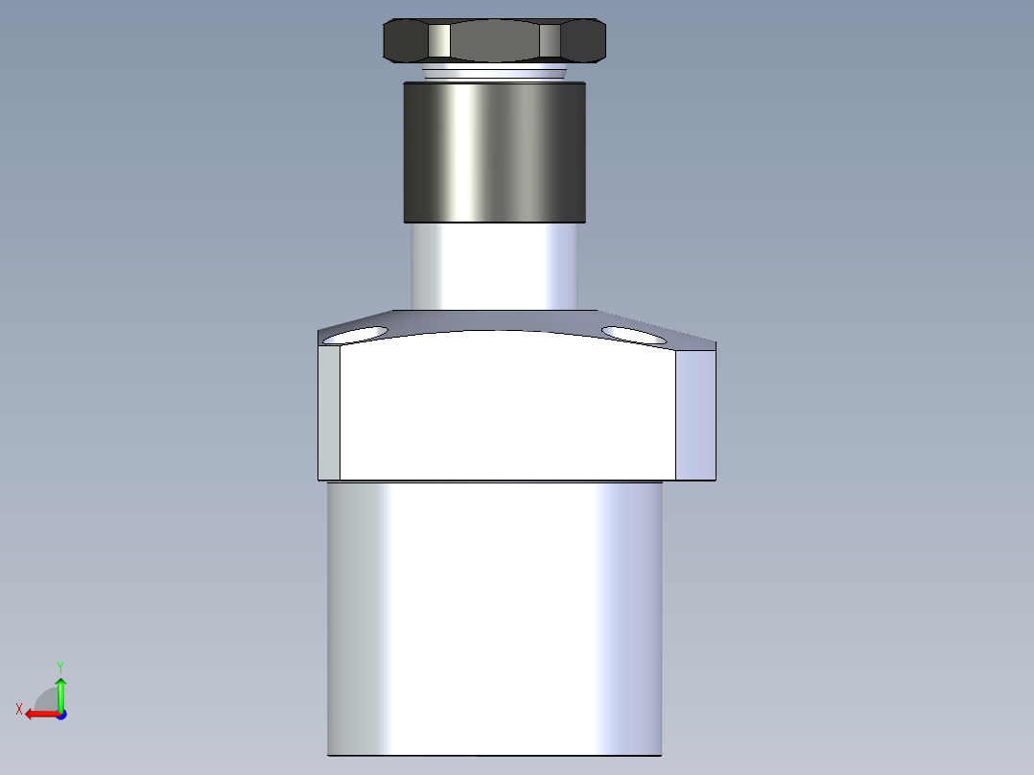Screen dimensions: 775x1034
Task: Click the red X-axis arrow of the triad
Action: coord(38,714)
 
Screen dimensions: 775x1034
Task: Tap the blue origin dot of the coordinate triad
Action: coord(60,714)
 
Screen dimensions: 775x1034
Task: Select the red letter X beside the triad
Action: coord(19,709)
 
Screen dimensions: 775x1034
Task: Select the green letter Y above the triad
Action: coord(60,666)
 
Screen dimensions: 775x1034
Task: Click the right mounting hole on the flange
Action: coord(633,335)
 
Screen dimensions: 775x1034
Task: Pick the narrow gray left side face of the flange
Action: coord(329,412)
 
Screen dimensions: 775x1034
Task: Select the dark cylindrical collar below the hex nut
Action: coord(494,152)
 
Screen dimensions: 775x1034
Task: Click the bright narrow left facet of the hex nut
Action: coord(438,41)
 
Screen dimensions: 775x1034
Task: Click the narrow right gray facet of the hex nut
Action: coord(549,41)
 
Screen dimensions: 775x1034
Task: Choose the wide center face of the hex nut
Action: coord(494,41)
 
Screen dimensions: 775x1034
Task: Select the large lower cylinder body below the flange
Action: coord(494,619)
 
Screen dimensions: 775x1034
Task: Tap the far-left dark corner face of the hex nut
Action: coord(405,41)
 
